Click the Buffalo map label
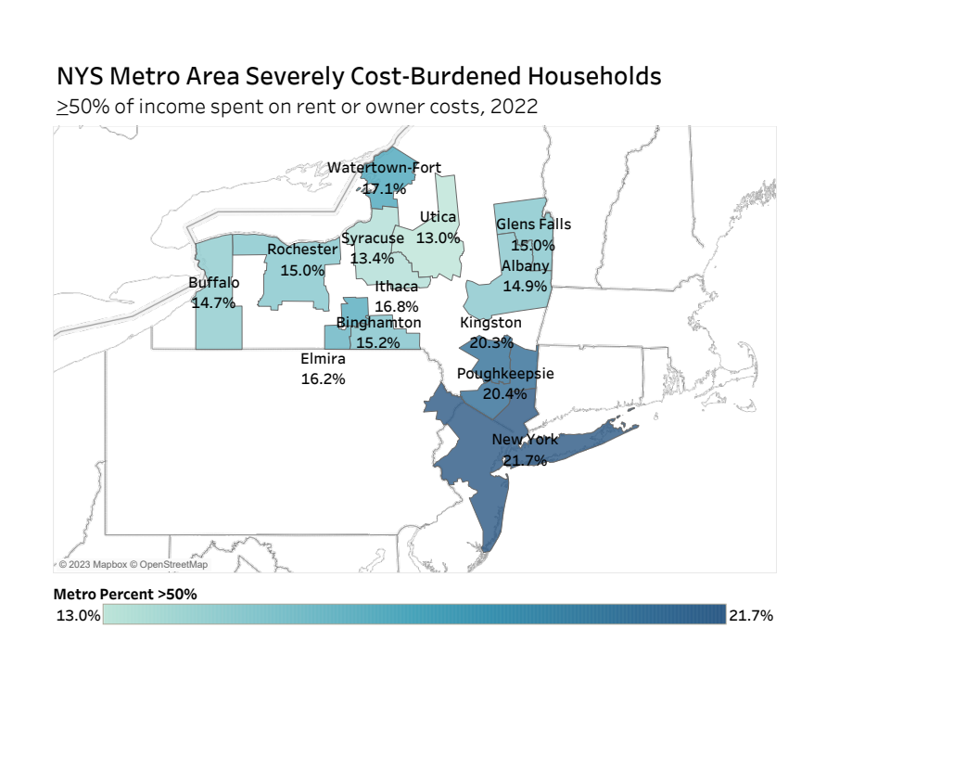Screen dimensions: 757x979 coord(214,282)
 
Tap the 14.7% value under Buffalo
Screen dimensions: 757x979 coord(214,302)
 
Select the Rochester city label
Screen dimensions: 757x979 coord(302,249)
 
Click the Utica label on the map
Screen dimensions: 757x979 coord(438,217)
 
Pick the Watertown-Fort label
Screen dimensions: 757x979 coord(385,168)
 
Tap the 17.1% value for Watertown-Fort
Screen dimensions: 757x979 coord(384,188)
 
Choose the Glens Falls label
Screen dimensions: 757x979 coord(533,224)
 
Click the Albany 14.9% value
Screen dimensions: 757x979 coord(526,286)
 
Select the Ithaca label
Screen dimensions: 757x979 coord(397,286)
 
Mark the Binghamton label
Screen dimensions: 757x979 coord(378,322)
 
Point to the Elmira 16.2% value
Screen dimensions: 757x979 coord(324,378)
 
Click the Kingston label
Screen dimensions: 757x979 coord(491,322)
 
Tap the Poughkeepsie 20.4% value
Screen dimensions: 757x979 coord(505,393)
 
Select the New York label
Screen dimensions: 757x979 coord(525,439)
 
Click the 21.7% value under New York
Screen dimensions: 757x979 coord(525,459)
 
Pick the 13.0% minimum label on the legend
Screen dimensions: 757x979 coord(78,615)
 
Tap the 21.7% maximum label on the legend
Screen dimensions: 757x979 coord(751,615)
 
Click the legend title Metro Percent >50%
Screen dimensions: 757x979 coord(125,594)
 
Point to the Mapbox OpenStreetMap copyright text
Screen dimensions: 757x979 coord(133,564)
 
